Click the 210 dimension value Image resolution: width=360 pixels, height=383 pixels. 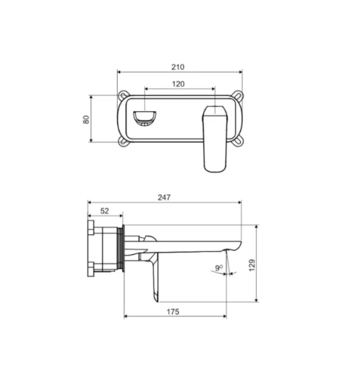coord(177,67)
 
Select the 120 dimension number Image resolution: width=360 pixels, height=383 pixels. coord(178,84)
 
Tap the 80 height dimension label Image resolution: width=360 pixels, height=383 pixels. coord(86,119)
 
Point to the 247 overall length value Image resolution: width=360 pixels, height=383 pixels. coord(164,197)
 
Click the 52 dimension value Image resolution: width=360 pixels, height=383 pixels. coord(105,211)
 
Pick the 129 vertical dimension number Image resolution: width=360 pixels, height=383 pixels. coord(252,265)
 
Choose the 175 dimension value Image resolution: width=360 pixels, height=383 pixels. coord(173,312)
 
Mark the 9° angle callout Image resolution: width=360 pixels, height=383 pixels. coord(219,267)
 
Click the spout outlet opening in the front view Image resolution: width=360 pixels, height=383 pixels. coord(145,119)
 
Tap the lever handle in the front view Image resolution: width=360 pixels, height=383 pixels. coord(215,139)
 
